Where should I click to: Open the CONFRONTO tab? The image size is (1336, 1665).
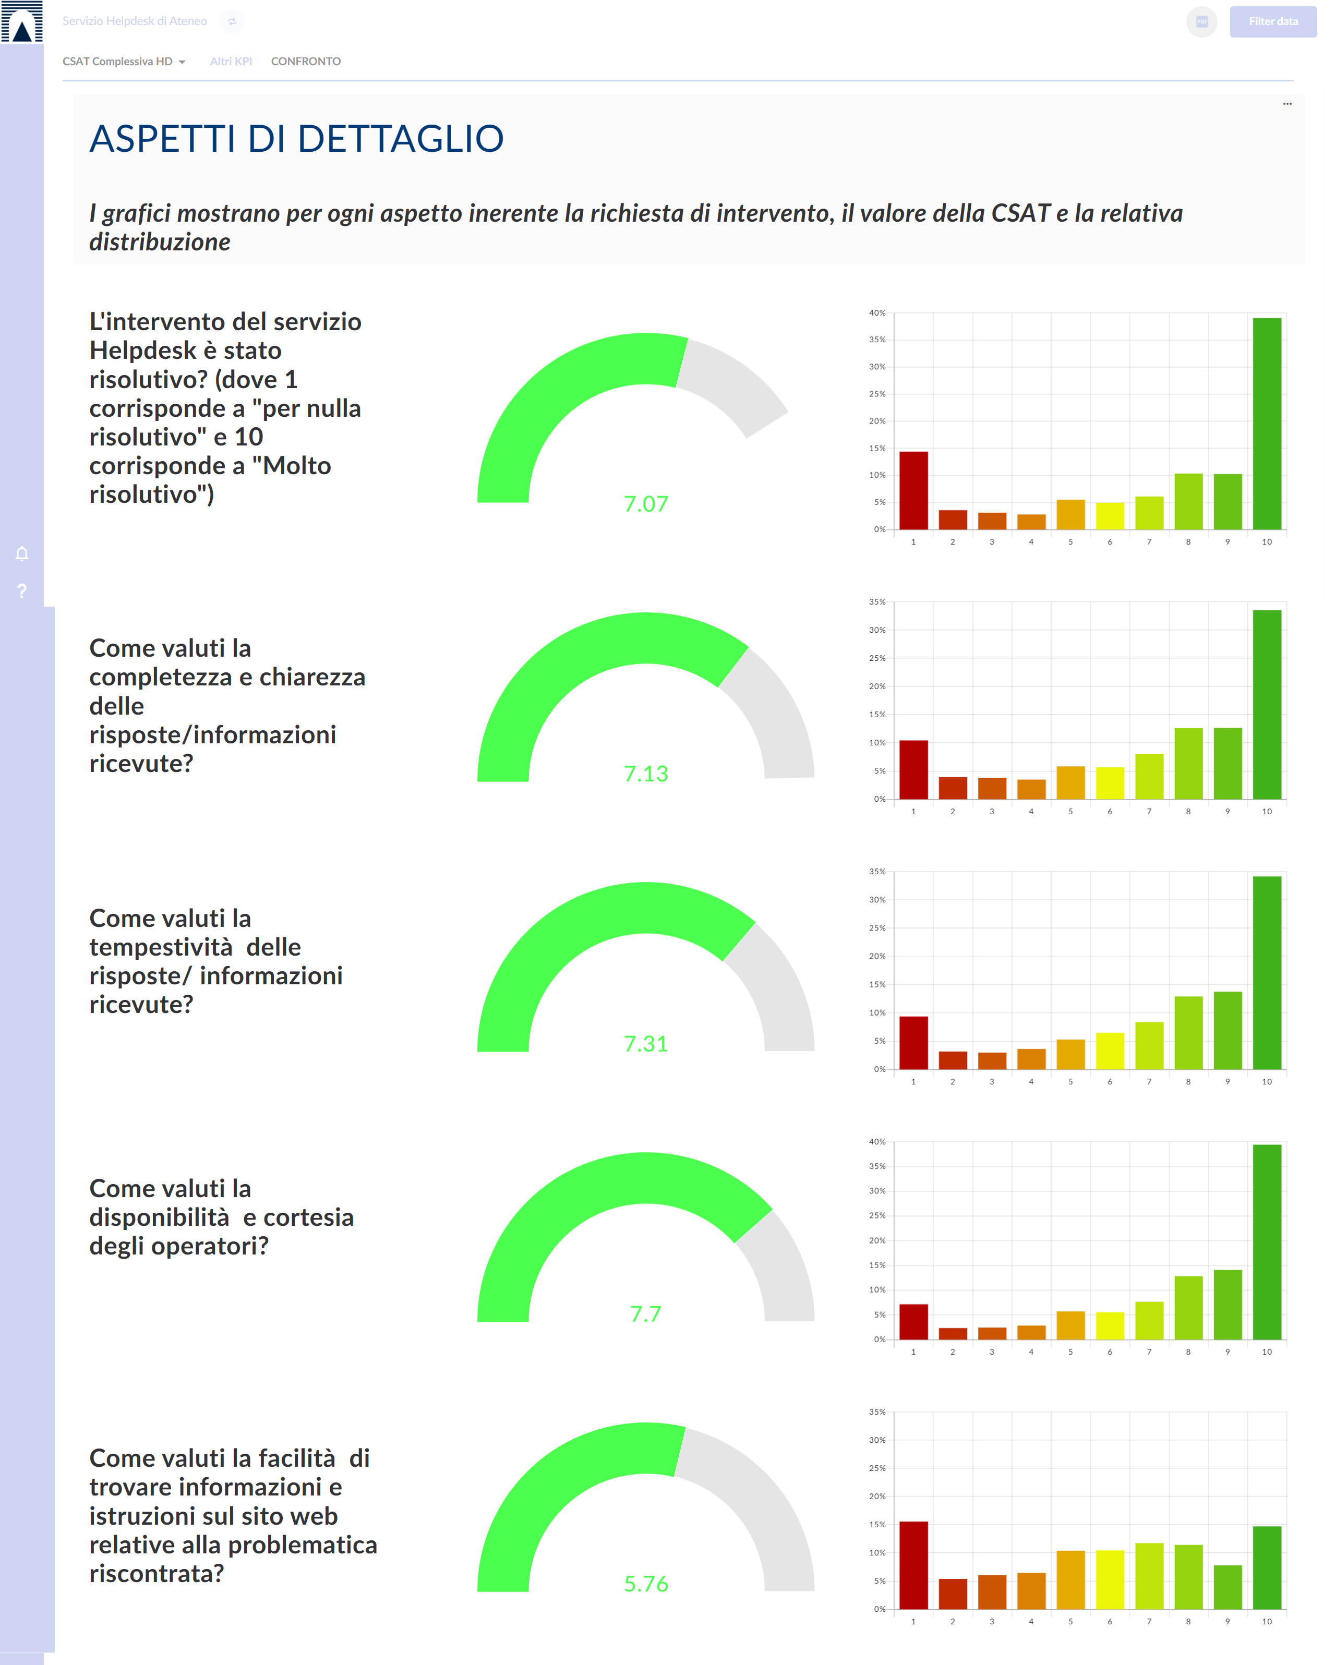tap(306, 62)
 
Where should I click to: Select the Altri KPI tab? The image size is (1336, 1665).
tap(231, 62)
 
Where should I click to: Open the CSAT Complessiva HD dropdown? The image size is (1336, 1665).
tap(124, 62)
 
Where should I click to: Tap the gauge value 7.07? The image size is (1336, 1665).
tap(646, 504)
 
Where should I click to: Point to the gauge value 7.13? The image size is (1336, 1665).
tap(646, 774)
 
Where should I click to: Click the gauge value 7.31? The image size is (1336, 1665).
tap(646, 1044)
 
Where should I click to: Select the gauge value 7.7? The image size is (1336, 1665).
tap(646, 1314)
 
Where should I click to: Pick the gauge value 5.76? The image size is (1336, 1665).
tap(646, 1584)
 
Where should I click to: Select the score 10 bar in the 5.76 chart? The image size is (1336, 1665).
tap(1267, 1567)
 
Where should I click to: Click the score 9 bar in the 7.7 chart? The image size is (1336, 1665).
tap(1228, 1305)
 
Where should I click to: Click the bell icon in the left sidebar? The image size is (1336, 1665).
tap(21, 554)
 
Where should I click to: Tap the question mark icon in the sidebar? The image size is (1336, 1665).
tap(21, 592)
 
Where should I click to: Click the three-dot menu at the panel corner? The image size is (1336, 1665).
tap(1286, 103)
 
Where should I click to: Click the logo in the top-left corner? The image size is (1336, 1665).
tap(21, 21)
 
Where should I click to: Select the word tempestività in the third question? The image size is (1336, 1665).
tap(161, 948)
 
